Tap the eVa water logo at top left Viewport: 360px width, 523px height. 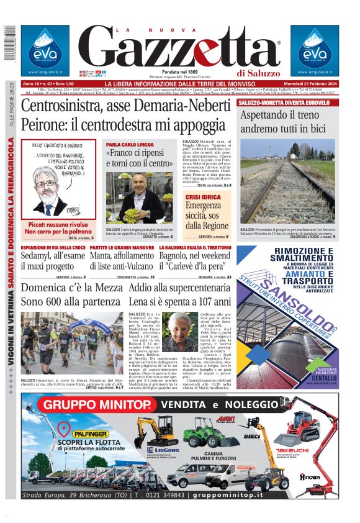pos(45,50)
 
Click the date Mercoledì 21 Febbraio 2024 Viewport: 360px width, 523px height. pos(305,84)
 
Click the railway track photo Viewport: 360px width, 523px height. pos(287,193)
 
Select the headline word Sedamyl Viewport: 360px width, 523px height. pos(43,257)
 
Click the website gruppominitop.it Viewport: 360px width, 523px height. pos(280,495)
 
